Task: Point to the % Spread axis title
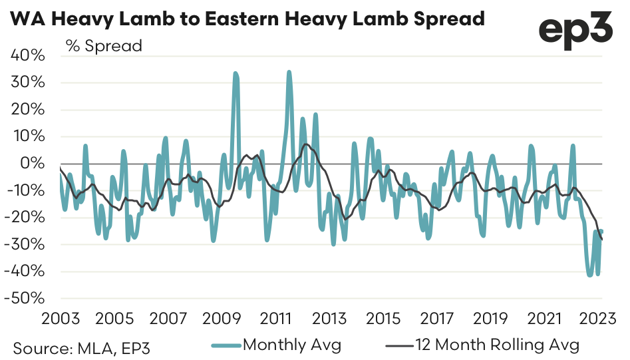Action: click(x=103, y=47)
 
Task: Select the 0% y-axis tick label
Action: click(x=33, y=164)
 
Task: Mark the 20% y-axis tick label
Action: click(x=28, y=110)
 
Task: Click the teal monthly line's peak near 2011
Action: click(x=289, y=72)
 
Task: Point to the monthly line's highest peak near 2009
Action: click(x=236, y=74)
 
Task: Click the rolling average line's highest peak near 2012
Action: click(x=305, y=144)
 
